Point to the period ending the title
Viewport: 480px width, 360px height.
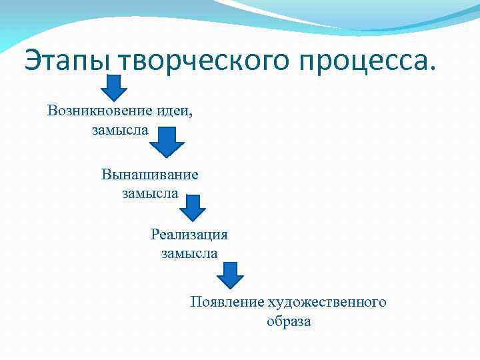click(437, 69)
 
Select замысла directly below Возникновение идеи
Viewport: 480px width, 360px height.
click(119, 129)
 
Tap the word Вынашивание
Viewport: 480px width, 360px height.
click(150, 175)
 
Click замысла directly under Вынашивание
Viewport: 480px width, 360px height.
click(150, 193)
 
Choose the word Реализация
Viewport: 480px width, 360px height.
click(189, 234)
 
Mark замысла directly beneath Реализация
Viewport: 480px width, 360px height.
click(189, 253)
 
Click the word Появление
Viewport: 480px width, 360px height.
click(227, 302)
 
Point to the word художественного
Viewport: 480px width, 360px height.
click(327, 302)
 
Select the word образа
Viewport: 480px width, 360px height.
click(289, 321)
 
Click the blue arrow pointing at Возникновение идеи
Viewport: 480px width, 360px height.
click(114, 87)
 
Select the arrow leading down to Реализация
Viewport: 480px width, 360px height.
click(193, 208)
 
